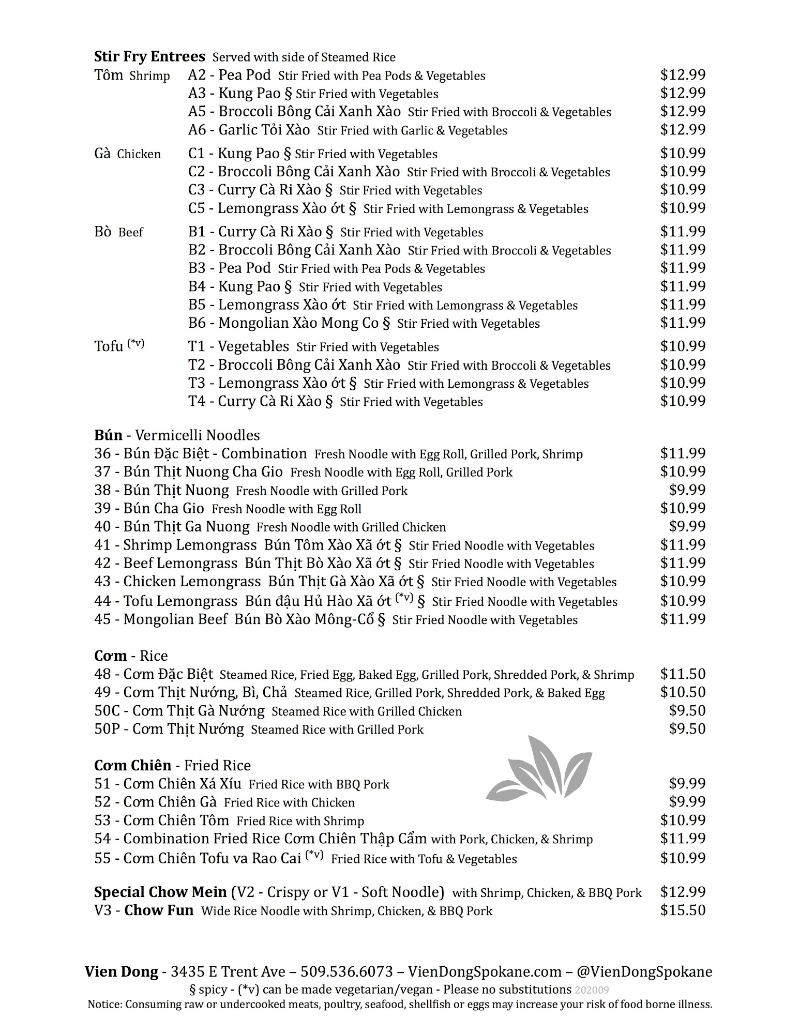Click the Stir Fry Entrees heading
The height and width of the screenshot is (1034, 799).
[149, 56]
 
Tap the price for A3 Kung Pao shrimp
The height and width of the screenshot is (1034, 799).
[683, 93]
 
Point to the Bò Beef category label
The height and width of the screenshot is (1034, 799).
[118, 232]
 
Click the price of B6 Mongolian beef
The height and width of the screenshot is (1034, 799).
[683, 323]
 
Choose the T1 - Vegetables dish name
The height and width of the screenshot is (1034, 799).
[238, 346]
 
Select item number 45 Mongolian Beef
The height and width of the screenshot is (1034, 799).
[161, 619]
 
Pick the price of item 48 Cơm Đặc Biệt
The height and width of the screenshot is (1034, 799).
[683, 674]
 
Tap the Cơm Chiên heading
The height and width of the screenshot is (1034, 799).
[132, 765]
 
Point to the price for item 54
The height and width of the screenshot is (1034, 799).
[683, 838]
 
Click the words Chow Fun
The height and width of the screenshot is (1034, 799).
[159, 910]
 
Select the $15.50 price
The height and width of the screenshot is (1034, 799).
[683, 910]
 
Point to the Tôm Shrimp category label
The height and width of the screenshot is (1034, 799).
[132, 75]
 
